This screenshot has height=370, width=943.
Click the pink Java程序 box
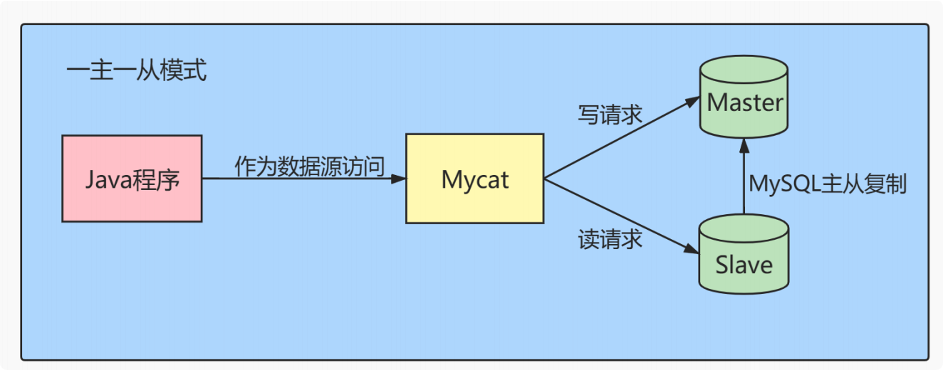point(132,179)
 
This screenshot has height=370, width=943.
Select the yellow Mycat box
point(474,179)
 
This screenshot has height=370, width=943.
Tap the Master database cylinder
point(744,100)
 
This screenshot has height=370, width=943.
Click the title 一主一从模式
point(136,71)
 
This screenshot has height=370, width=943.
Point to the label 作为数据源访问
point(310,166)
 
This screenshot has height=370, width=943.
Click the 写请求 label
point(610,115)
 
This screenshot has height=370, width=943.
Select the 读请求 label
point(610,239)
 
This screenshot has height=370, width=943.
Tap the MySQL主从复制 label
point(827,184)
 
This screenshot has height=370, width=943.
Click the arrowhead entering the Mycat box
point(400,179)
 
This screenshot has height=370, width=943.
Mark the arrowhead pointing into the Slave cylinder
point(693,250)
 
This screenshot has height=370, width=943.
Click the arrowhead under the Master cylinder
point(744,146)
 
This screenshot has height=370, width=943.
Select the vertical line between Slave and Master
point(744,185)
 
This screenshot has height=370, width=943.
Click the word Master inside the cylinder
point(745,102)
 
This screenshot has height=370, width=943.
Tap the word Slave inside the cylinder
point(744,265)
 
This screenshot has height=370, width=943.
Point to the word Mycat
point(475,179)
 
